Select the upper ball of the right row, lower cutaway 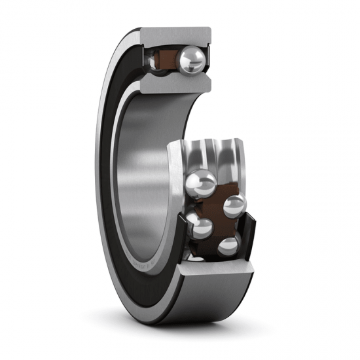coord(234,206)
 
